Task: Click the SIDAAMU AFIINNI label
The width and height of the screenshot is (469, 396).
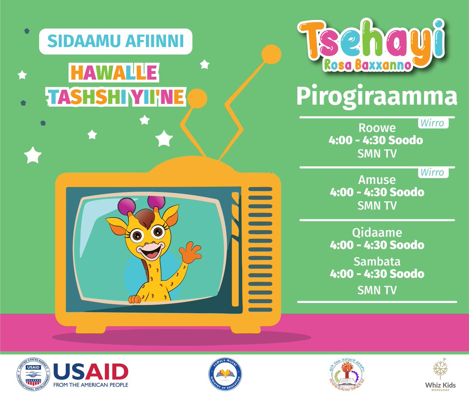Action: (116, 41)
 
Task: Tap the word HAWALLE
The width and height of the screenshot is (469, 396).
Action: (114, 73)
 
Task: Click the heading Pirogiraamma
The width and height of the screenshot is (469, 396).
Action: (376, 97)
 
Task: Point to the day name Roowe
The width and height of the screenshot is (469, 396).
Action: (377, 128)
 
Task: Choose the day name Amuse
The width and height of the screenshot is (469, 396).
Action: (377, 180)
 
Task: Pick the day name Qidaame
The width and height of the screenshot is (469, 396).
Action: (377, 233)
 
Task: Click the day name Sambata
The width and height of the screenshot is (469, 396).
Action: (377, 261)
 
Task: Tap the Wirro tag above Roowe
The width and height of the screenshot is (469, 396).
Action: (432, 123)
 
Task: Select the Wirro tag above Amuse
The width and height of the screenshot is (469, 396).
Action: (432, 172)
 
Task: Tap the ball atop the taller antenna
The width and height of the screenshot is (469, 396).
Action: (271, 54)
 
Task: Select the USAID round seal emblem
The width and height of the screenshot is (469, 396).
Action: (33, 375)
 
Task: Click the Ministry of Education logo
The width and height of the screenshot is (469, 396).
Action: (225, 375)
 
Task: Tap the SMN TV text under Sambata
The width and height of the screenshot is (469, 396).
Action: (377, 290)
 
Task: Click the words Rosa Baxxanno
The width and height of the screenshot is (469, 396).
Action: (367, 65)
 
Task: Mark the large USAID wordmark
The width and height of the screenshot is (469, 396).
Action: (91, 372)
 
